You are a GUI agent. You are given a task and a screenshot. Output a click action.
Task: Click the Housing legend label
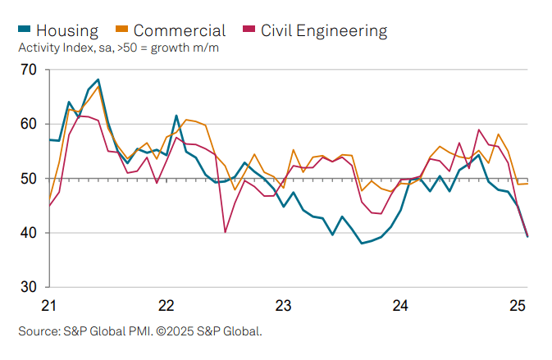click(67, 31)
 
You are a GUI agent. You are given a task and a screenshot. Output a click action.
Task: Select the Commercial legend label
click(179, 31)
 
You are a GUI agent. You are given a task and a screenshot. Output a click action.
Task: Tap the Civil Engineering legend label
click(323, 31)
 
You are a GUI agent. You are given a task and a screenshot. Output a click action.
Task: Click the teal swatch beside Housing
click(25, 31)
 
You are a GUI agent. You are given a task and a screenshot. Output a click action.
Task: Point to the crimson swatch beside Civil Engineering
click(249, 31)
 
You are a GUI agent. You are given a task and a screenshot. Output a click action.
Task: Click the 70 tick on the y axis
click(30, 70)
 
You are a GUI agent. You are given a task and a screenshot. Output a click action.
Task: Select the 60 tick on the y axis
click(30, 124)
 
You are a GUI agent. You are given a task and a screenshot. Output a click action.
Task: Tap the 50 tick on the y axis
click(30, 179)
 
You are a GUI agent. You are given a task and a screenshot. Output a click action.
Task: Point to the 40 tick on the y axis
click(30, 233)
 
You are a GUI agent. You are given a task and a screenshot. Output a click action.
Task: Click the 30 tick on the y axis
click(30, 287)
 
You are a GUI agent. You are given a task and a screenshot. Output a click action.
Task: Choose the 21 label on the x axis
click(48, 306)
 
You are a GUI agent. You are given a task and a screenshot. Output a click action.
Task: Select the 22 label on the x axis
click(166, 306)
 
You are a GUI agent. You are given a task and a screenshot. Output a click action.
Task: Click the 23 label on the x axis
click(283, 306)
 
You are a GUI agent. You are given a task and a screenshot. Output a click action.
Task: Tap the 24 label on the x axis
click(400, 306)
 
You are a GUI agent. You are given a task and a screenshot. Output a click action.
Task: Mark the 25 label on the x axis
click(518, 306)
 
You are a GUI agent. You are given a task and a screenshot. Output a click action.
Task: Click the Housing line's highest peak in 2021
click(98, 80)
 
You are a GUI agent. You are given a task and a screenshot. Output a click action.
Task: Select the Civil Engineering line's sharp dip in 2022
click(226, 232)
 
